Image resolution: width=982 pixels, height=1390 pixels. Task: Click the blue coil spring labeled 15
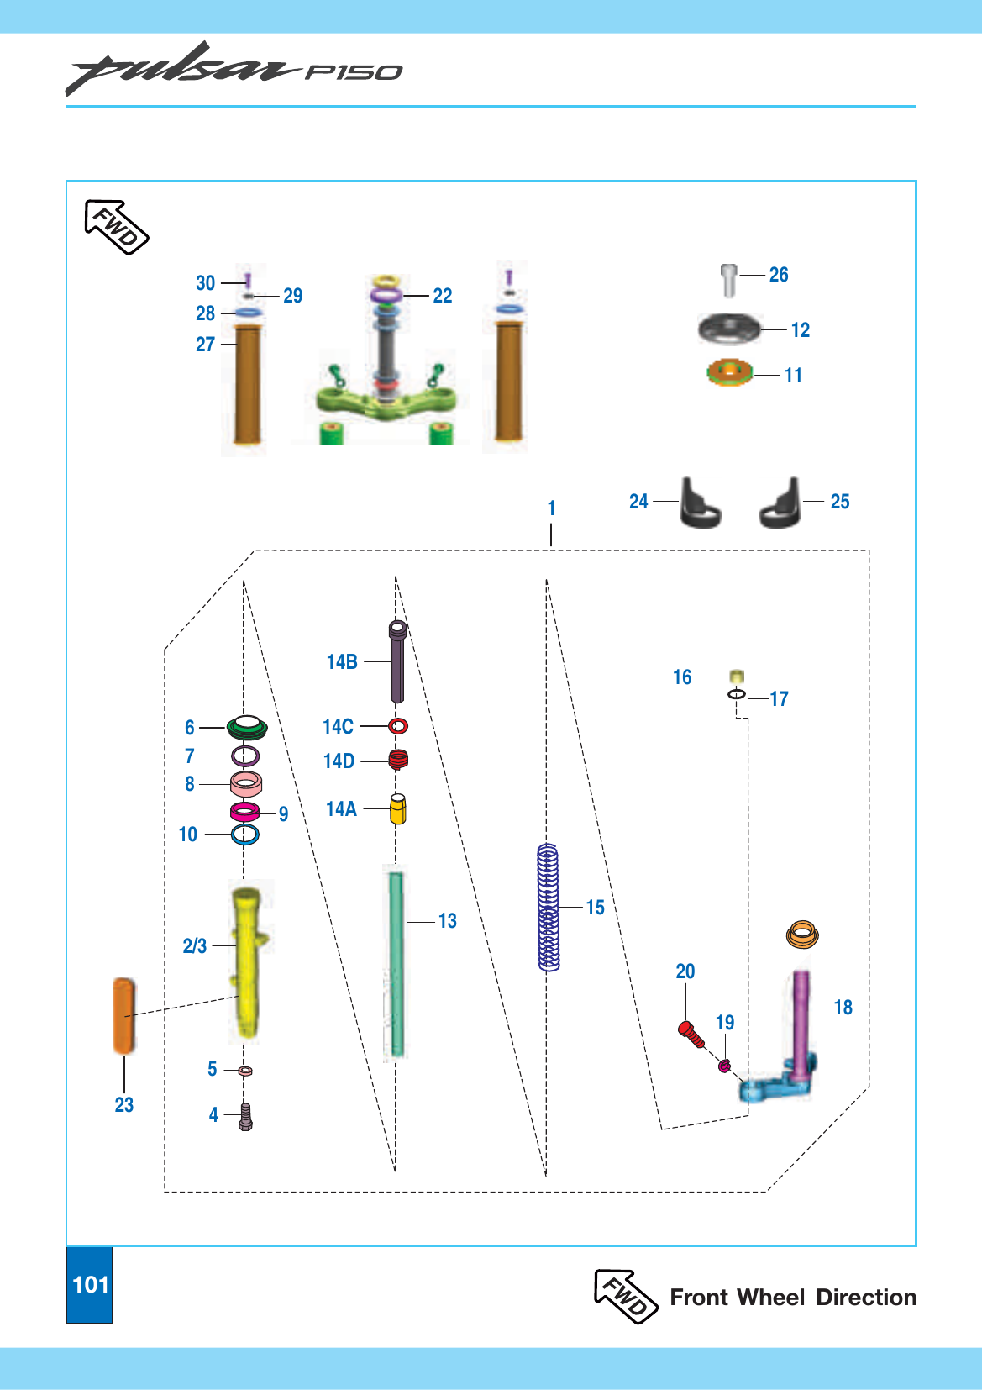(549, 908)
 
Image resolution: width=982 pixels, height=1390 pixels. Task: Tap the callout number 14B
(342, 661)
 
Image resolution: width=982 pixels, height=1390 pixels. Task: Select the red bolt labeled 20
(691, 1035)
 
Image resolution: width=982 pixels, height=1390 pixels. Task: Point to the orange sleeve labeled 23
(123, 1015)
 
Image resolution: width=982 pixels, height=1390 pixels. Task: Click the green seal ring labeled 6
(247, 727)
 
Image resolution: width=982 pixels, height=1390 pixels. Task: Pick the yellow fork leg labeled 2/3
(247, 962)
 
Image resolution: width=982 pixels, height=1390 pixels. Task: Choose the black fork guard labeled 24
(701, 503)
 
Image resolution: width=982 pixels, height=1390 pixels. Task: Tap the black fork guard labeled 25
(780, 503)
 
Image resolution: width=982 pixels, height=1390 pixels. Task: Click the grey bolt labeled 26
(729, 280)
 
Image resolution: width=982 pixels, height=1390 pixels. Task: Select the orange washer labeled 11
(729, 372)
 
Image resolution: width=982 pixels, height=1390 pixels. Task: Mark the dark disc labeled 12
(729, 328)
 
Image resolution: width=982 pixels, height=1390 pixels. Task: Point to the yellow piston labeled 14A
(397, 808)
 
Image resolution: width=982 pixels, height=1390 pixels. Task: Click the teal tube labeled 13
(396, 964)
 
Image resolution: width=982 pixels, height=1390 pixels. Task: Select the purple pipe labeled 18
(801, 1024)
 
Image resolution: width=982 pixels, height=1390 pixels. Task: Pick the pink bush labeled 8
(245, 784)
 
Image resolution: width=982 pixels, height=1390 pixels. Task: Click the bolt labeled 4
(245, 1117)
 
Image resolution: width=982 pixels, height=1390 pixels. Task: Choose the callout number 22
(443, 295)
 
